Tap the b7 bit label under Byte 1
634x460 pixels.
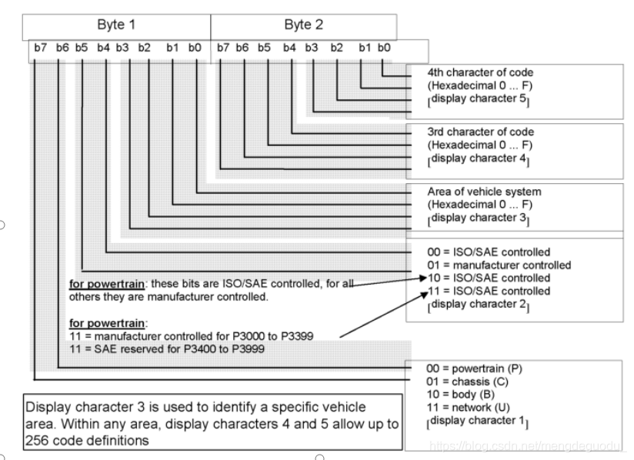pos(39,48)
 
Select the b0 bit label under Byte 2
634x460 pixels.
pos(384,48)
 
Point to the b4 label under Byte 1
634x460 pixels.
pos(103,48)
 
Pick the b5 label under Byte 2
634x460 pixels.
pos(264,48)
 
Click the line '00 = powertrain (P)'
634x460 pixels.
pos(475,369)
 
